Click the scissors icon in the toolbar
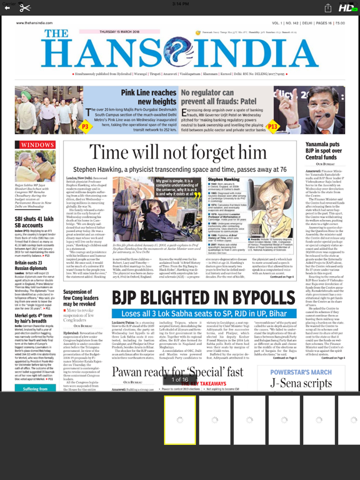click(25, 8)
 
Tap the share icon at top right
click(327, 8)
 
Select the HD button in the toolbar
click(346, 8)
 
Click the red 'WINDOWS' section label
click(37, 144)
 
